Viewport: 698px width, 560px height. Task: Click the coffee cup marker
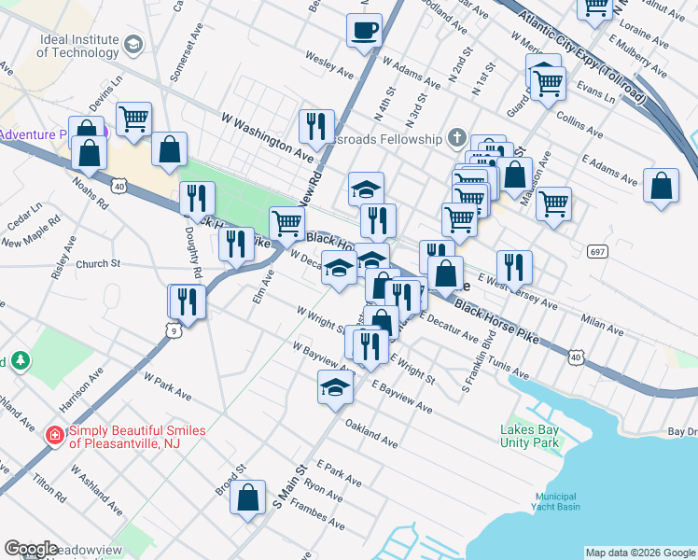tap(364, 30)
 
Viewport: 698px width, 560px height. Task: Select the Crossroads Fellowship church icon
tap(456, 138)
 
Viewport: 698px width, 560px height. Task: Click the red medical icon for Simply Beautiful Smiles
tap(55, 435)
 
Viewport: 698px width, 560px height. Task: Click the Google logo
tap(32, 549)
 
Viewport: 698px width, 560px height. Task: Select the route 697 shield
tap(598, 251)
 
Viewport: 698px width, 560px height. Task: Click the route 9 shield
tap(170, 329)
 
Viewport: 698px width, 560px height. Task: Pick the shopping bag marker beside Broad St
tap(249, 498)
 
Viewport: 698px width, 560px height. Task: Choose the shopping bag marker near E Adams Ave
tap(661, 186)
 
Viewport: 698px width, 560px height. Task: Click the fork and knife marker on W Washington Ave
tap(316, 126)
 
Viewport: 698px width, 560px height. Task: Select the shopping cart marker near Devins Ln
tap(134, 119)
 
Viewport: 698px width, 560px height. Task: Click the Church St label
tap(99, 264)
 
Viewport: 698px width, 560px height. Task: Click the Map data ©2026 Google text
tap(639, 553)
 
